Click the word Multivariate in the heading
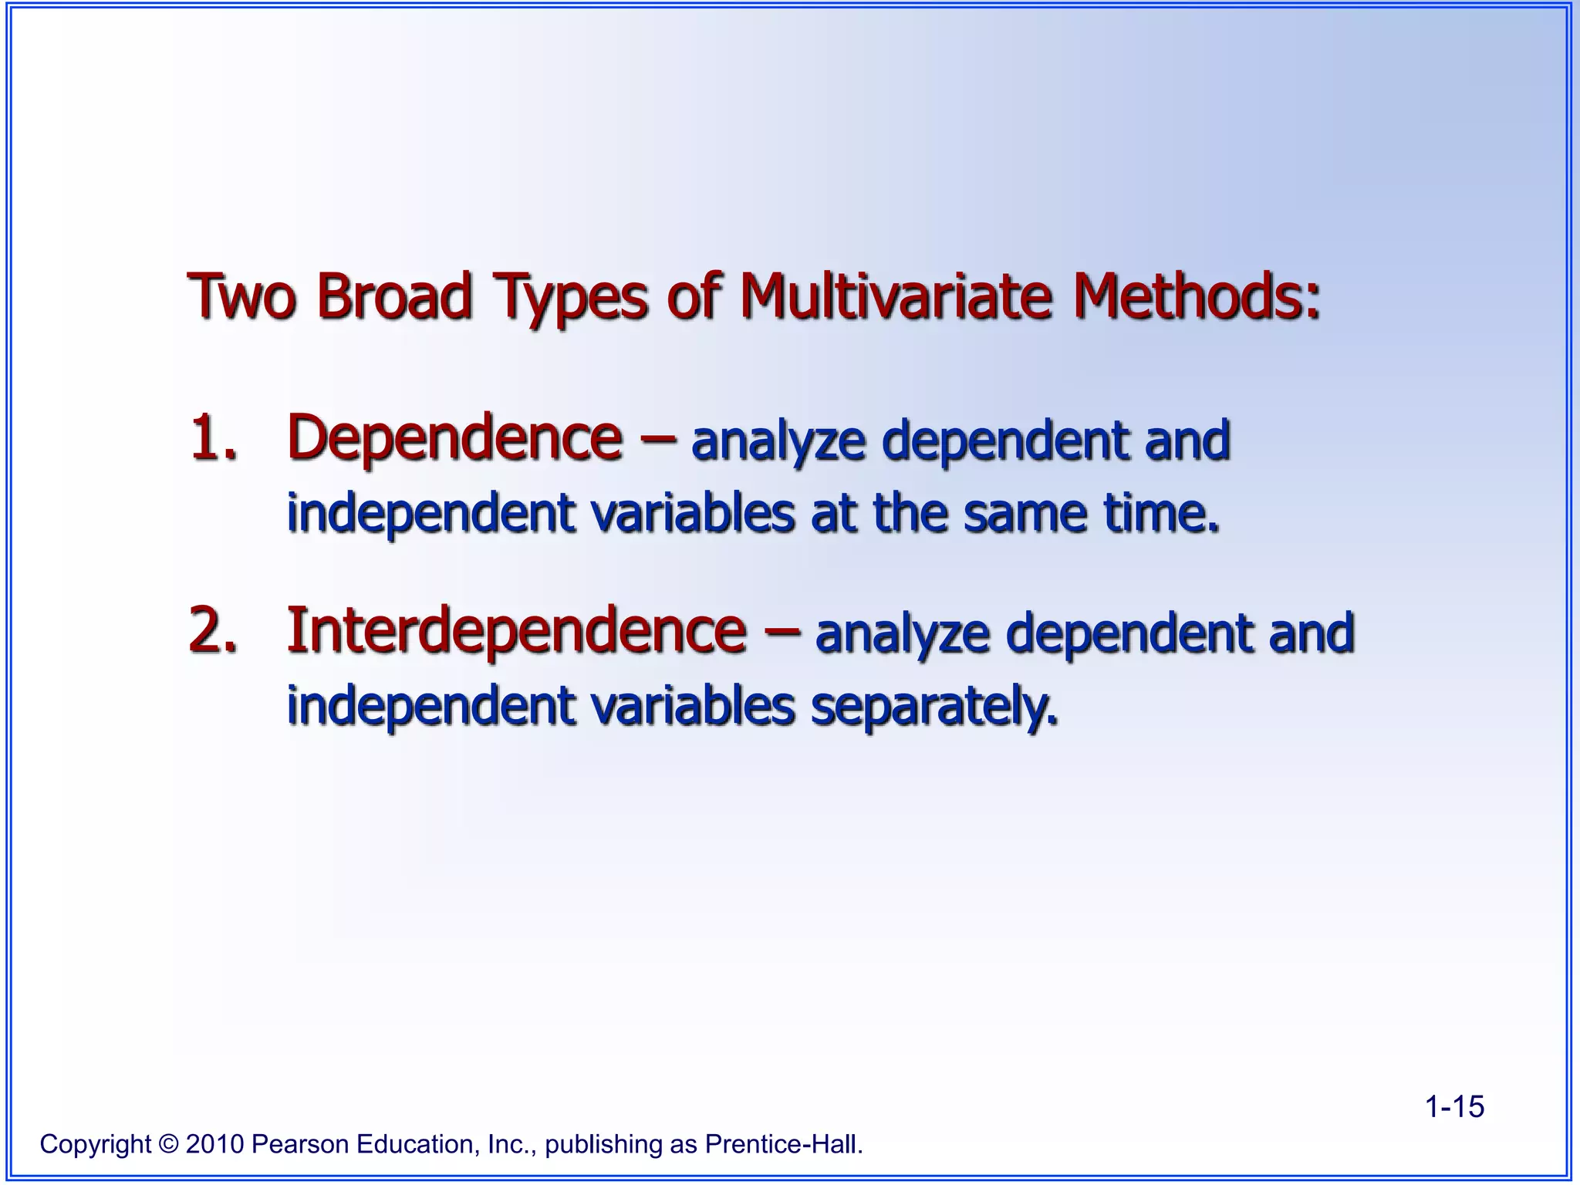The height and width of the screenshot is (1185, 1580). click(x=896, y=297)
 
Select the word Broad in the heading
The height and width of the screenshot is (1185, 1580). click(x=394, y=297)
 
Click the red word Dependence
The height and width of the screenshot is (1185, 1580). click(x=454, y=438)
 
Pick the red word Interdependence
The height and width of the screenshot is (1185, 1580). click(x=516, y=631)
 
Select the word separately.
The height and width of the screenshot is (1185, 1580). click(x=933, y=706)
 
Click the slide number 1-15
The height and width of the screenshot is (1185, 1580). click(x=1453, y=1107)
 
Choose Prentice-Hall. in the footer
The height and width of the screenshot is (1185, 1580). click(x=784, y=1144)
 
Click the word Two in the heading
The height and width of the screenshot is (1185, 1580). click(x=241, y=297)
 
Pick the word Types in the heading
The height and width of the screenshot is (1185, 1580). click(x=569, y=297)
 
